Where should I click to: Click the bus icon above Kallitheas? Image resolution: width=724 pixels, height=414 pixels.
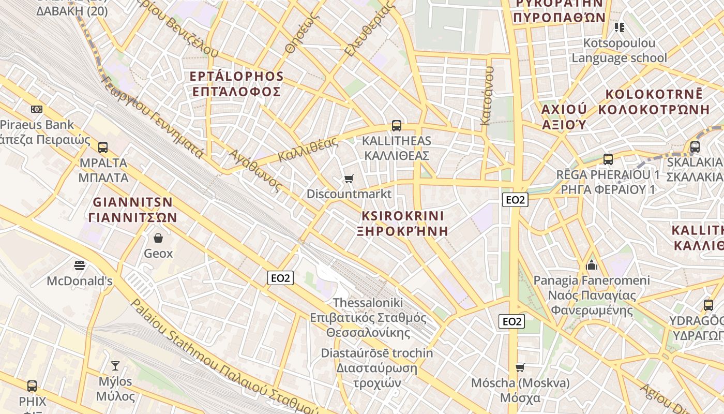coord(396,126)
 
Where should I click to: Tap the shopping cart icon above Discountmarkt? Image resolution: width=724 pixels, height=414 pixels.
coord(349,179)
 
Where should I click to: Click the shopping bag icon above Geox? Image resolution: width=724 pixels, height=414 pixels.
coord(158,238)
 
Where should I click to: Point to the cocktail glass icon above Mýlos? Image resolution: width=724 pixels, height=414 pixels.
coord(115,366)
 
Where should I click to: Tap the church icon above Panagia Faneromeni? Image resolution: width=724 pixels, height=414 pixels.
coord(592,265)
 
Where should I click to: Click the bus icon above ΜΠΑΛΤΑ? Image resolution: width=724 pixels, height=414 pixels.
coord(102,147)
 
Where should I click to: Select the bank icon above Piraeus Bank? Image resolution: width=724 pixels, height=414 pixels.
coord(37,109)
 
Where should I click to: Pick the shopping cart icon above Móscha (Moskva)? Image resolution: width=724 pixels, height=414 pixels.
coord(520,367)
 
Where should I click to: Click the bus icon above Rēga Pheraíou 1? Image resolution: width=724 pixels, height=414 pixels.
coord(608,159)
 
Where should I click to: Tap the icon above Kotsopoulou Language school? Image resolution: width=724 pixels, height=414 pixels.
coord(619,27)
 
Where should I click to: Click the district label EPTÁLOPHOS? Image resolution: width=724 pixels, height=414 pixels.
coord(236,77)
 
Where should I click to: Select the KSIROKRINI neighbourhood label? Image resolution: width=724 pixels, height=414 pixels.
coord(403,216)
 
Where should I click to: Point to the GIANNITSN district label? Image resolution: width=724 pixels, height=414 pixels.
coord(132,202)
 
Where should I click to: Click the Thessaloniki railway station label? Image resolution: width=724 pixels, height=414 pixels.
coord(368,302)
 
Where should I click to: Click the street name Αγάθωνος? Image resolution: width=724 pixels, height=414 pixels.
coord(256,170)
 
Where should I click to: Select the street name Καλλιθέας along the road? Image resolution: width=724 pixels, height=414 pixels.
coord(308,150)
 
